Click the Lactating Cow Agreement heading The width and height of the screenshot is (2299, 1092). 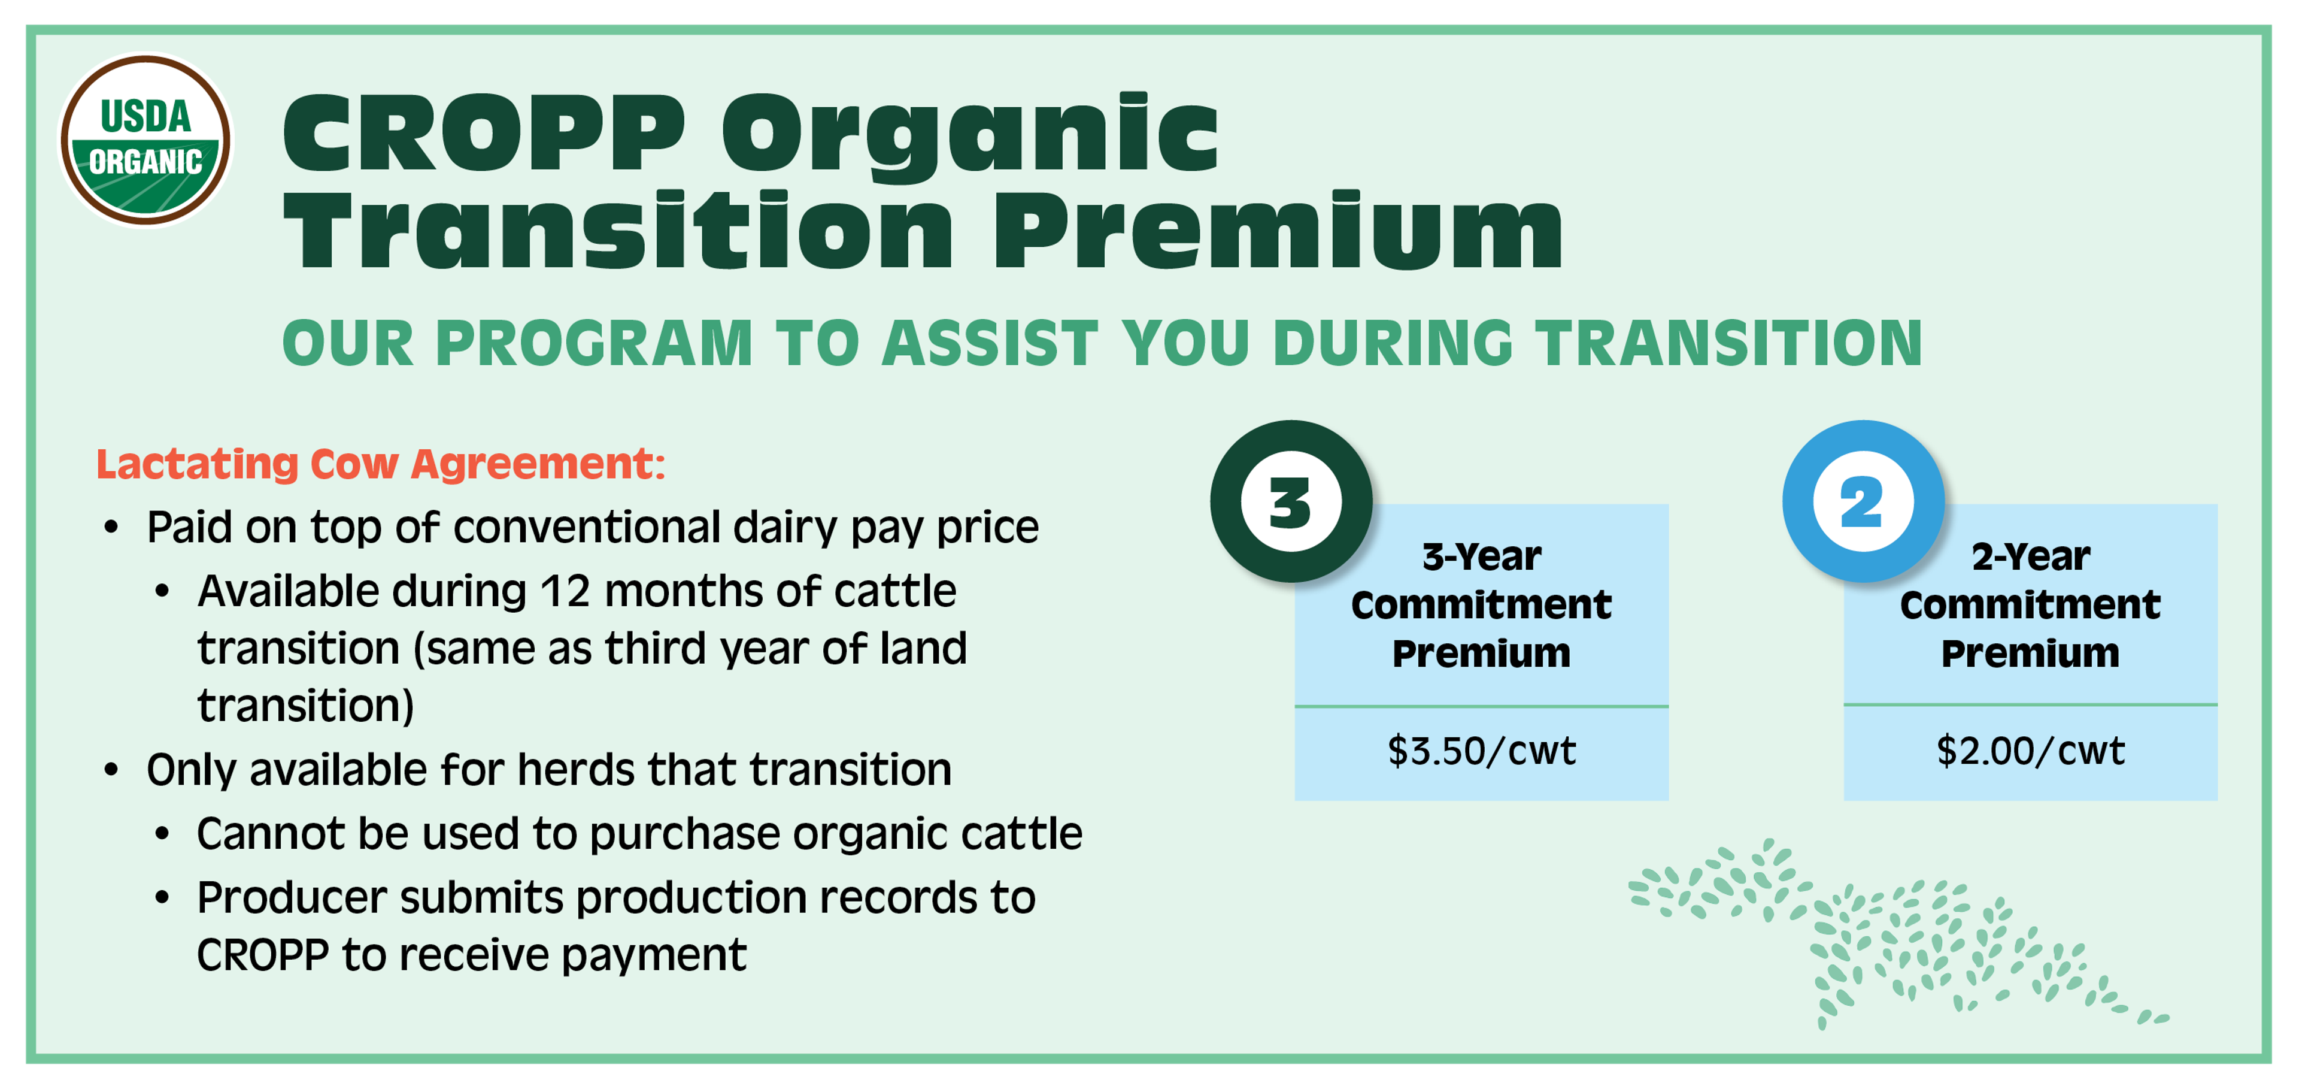pyautogui.click(x=381, y=464)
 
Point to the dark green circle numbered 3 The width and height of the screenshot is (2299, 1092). pyautogui.click(x=1291, y=502)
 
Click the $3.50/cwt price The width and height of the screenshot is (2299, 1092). pyautogui.click(x=1482, y=751)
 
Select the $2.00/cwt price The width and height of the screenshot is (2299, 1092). pyautogui.click(x=2030, y=751)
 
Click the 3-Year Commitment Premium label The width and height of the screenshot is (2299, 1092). pyautogui.click(x=1482, y=604)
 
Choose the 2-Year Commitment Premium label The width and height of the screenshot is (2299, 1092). pyautogui.click(x=2030, y=604)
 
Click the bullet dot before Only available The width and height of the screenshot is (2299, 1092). pyautogui.click(x=111, y=770)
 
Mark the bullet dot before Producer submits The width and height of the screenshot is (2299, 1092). pyautogui.click(x=162, y=897)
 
